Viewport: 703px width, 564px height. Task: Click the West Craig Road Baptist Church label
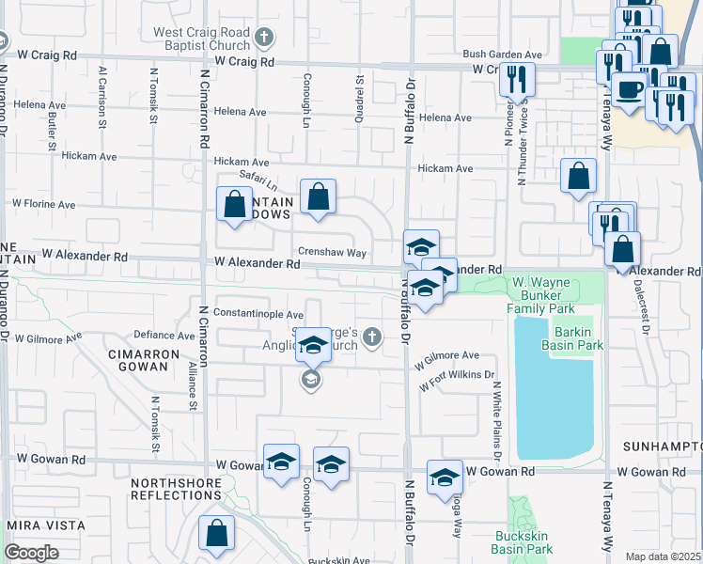click(x=202, y=39)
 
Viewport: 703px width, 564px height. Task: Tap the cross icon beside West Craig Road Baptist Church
click(x=265, y=39)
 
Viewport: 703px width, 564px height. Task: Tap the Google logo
click(x=31, y=553)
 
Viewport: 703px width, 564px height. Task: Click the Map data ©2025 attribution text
click(x=664, y=556)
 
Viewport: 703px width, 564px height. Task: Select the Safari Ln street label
click(x=257, y=180)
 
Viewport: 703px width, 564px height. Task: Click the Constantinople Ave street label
click(x=258, y=314)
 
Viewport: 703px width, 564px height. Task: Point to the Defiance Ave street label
click(x=164, y=335)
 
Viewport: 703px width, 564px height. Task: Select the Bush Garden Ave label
click(x=502, y=55)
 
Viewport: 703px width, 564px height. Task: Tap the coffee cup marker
click(x=629, y=90)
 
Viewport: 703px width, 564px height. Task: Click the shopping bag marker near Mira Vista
click(x=216, y=533)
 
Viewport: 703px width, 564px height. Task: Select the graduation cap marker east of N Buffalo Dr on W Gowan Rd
click(x=444, y=477)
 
